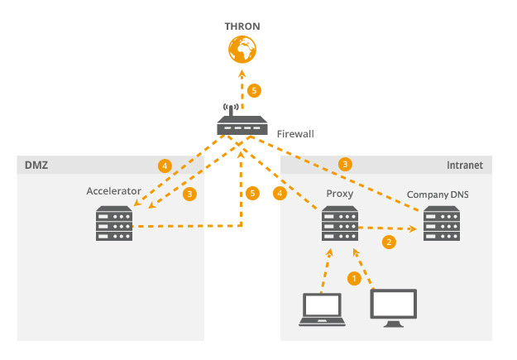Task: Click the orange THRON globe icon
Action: point(242,50)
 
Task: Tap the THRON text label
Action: point(242,26)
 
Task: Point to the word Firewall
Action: point(295,133)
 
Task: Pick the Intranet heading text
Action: point(465,166)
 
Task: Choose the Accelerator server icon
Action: point(113,223)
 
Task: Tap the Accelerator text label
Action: point(114,191)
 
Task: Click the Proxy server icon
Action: point(340,223)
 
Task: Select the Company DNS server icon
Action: point(441,223)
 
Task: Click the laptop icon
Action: point(322,309)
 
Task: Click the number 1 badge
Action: point(355,279)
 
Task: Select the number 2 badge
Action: point(387,242)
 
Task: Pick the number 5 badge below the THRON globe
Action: point(256,89)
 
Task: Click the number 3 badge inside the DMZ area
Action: point(190,193)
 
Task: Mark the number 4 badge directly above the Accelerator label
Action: point(165,166)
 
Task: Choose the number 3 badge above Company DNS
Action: point(346,164)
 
